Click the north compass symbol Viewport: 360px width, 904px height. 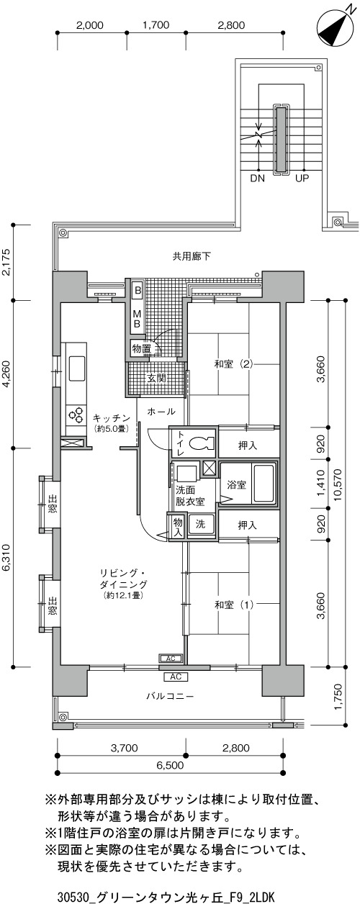[333, 27]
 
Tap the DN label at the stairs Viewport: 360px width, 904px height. [258, 178]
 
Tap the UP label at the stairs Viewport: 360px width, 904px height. [302, 178]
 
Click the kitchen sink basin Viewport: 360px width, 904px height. [77, 368]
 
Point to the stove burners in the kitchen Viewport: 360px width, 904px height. [77, 415]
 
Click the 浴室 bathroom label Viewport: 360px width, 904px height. [236, 484]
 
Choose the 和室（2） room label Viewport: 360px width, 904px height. [234, 364]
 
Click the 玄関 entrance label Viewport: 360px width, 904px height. [156, 378]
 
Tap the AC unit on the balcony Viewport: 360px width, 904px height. [176, 677]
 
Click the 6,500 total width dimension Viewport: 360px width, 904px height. [170, 765]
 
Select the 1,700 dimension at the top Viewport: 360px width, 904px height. [156, 25]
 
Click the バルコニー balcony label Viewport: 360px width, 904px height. [170, 696]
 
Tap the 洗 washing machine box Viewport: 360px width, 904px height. [201, 524]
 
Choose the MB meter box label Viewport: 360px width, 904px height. [137, 319]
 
